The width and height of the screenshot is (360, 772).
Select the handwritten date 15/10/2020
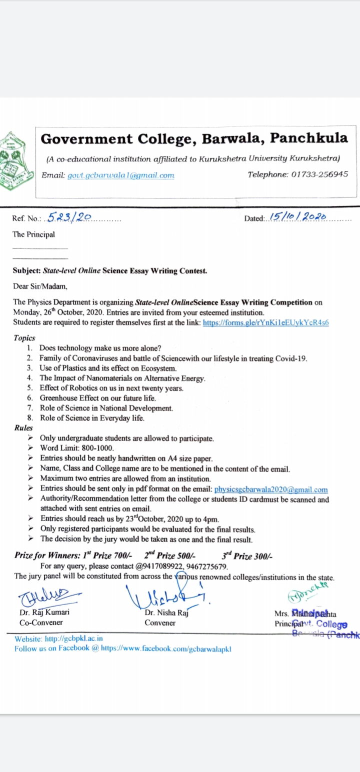click(298, 217)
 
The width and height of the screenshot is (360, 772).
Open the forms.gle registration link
click(265, 322)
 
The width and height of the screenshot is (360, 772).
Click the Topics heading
click(24, 338)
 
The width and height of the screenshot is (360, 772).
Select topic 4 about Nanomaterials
click(122, 378)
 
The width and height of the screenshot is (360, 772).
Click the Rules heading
click(23, 428)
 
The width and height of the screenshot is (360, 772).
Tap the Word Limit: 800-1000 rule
click(77, 448)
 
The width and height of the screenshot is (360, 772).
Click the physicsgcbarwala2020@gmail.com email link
click(271, 489)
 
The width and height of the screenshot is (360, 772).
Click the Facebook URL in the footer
click(166, 648)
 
